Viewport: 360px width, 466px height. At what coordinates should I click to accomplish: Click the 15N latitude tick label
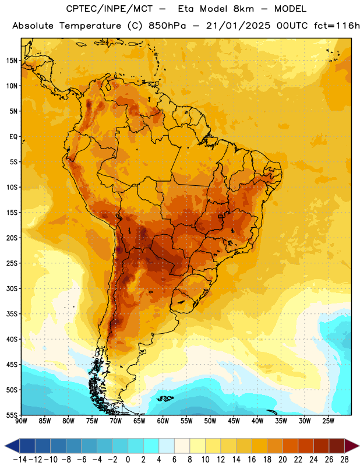tap(12, 61)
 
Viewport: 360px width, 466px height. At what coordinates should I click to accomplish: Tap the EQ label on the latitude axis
tap(13, 137)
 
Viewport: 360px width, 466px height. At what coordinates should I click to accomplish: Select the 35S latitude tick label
tap(12, 314)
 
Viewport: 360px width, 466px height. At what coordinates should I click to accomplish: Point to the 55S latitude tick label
tap(12, 415)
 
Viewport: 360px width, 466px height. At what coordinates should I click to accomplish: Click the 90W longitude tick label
tap(21, 421)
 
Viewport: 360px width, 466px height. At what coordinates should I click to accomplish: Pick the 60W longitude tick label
tap(163, 421)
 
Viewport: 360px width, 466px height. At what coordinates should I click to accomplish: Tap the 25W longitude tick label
tap(328, 421)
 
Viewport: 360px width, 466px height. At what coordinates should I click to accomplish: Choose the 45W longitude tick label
tap(234, 421)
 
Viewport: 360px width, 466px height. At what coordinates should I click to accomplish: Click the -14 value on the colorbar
tap(20, 460)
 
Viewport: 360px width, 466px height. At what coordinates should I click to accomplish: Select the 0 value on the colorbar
tap(128, 460)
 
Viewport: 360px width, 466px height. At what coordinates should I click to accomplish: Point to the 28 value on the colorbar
tap(344, 460)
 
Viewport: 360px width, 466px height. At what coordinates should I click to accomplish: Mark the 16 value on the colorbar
tap(252, 460)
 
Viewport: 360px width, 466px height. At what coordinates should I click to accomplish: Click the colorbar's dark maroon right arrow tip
tap(359, 446)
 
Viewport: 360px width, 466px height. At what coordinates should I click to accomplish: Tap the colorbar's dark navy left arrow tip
tap(5, 446)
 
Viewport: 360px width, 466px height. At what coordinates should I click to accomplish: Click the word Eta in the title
tap(186, 9)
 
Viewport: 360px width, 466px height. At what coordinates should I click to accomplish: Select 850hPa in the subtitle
tap(167, 26)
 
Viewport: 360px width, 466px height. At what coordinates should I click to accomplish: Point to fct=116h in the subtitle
tap(337, 26)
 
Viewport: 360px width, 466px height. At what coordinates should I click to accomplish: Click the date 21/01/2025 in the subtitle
tap(238, 26)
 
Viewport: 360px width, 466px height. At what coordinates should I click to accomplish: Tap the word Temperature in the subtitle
tap(90, 26)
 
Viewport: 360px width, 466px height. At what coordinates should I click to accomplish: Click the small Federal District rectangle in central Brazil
tap(221, 216)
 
